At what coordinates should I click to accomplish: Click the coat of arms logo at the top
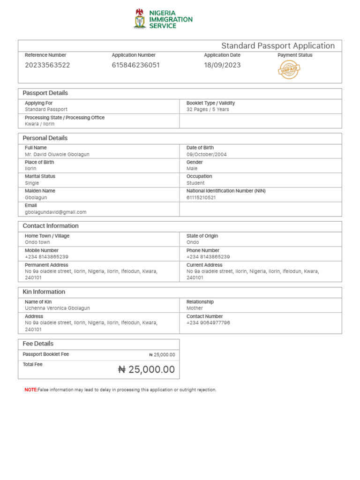pyautogui.click(x=140, y=19)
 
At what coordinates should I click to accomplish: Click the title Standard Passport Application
pyautogui.click(x=277, y=45)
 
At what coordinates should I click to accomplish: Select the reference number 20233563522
pyautogui.click(x=47, y=65)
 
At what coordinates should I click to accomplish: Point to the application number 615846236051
pyautogui.click(x=135, y=65)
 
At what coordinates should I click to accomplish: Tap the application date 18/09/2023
pyautogui.click(x=222, y=65)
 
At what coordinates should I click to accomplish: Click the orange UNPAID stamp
pyautogui.click(x=289, y=70)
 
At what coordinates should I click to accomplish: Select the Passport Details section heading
pyautogui.click(x=45, y=93)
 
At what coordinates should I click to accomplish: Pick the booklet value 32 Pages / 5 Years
pyautogui.click(x=208, y=109)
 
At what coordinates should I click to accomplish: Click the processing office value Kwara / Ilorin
pyautogui.click(x=40, y=124)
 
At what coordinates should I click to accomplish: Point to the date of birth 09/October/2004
pyautogui.click(x=206, y=154)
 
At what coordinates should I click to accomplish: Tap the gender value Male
pyautogui.click(x=192, y=168)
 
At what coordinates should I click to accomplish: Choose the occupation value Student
pyautogui.click(x=195, y=183)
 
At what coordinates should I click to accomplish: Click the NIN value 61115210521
pyautogui.click(x=201, y=197)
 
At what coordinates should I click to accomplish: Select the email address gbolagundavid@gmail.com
pyautogui.click(x=56, y=212)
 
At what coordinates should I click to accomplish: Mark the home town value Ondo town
pyautogui.click(x=37, y=242)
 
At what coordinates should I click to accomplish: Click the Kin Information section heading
pyautogui.click(x=44, y=292)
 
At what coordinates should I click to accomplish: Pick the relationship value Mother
pyautogui.click(x=195, y=308)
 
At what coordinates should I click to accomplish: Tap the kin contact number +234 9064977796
pyautogui.click(x=208, y=322)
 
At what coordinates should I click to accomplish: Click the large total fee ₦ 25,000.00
pyautogui.click(x=146, y=369)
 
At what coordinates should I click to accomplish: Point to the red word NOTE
pyautogui.click(x=30, y=390)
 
